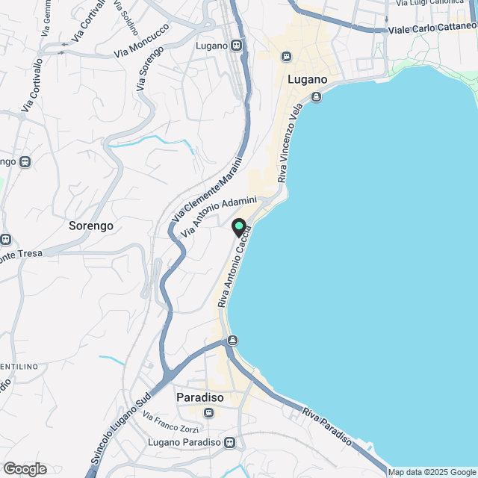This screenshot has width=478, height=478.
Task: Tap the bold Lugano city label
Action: click(x=307, y=78)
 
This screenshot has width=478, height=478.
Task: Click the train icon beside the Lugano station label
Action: click(x=237, y=46)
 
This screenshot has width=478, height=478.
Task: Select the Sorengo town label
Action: click(x=90, y=225)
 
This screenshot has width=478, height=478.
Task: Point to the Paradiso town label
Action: click(x=199, y=397)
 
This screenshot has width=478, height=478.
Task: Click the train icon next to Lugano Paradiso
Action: click(x=230, y=442)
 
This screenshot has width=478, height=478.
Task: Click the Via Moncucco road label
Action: click(x=142, y=41)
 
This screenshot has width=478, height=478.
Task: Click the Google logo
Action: click(x=24, y=468)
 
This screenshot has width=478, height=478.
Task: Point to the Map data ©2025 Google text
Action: click(x=432, y=472)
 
